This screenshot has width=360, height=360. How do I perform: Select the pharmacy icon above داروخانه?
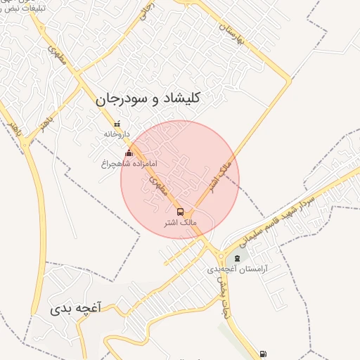point(117,124)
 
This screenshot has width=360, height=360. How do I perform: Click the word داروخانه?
point(117,134)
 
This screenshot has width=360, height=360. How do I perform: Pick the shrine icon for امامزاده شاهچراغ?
point(128,153)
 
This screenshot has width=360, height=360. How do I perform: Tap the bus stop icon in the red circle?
point(180,211)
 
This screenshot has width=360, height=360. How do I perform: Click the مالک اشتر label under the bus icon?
point(180,222)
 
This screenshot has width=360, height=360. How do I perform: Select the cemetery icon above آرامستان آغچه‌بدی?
point(236,259)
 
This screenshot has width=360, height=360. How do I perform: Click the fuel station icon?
point(263,353)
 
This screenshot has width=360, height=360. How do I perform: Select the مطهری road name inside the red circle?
point(157,184)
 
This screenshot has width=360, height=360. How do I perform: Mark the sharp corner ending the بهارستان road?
point(289,81)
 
